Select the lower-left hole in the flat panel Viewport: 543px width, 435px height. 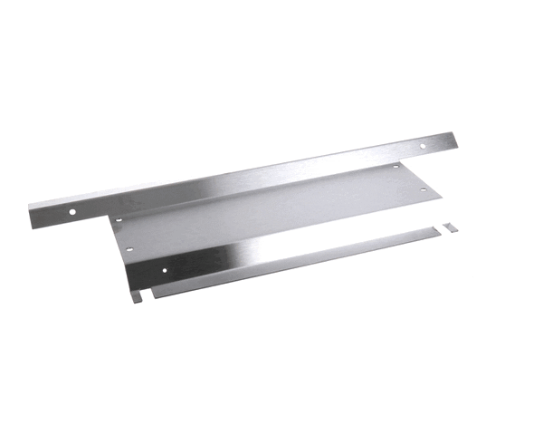(129, 248)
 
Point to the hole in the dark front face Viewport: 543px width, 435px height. (164, 269)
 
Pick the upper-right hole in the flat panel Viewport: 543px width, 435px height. (395, 167)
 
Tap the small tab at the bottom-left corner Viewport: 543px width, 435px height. (136, 296)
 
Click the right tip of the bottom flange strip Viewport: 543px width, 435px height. (440, 231)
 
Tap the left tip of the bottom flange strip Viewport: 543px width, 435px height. (154, 294)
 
